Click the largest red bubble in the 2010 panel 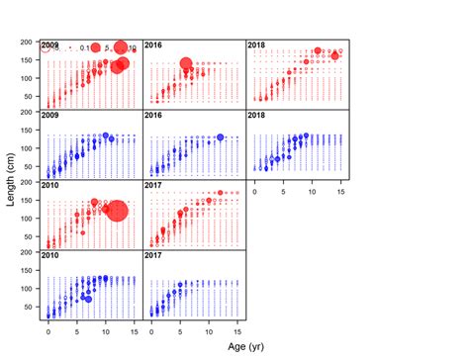(117, 211)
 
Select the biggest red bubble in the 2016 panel (185, 65)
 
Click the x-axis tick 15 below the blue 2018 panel (339, 189)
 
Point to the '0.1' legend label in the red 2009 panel (85, 47)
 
